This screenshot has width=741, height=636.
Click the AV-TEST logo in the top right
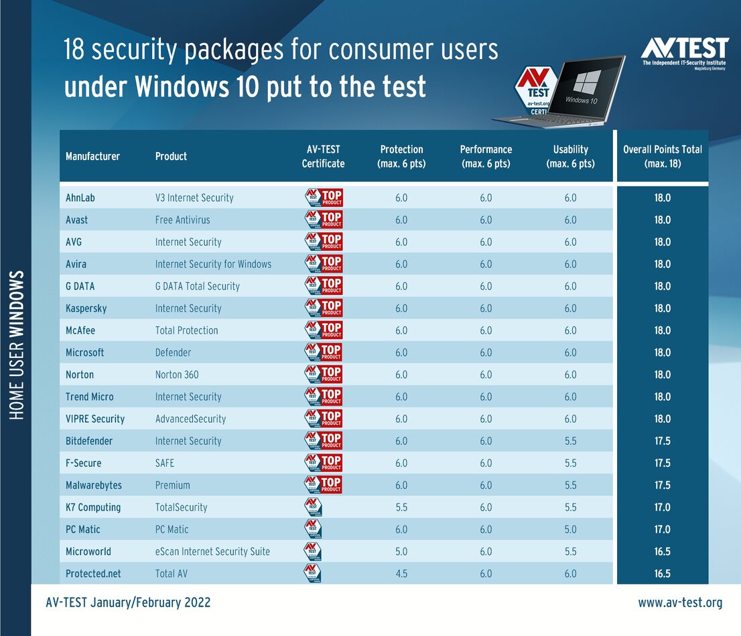(684, 52)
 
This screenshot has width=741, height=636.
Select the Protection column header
(402, 156)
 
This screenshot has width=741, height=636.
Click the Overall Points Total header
(662, 156)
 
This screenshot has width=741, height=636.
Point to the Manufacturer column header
(92, 156)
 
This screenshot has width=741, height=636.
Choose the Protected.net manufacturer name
(93, 574)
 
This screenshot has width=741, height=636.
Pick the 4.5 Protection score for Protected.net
(401, 574)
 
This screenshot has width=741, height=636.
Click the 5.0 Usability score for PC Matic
(570, 529)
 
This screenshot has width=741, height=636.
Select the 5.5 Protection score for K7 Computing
(401, 507)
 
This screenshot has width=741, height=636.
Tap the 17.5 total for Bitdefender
(662, 441)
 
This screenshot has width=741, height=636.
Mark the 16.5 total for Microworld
(662, 552)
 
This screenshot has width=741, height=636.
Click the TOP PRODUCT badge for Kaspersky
(324, 308)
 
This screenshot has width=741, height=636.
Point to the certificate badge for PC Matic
(313, 529)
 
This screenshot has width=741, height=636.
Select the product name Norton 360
(177, 375)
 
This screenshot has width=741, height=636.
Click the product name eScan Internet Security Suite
(212, 552)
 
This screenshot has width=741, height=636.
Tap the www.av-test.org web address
(680, 602)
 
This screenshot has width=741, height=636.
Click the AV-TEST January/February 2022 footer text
(128, 602)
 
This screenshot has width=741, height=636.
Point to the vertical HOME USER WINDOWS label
(17, 345)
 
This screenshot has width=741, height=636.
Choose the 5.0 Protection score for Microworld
(401, 552)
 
